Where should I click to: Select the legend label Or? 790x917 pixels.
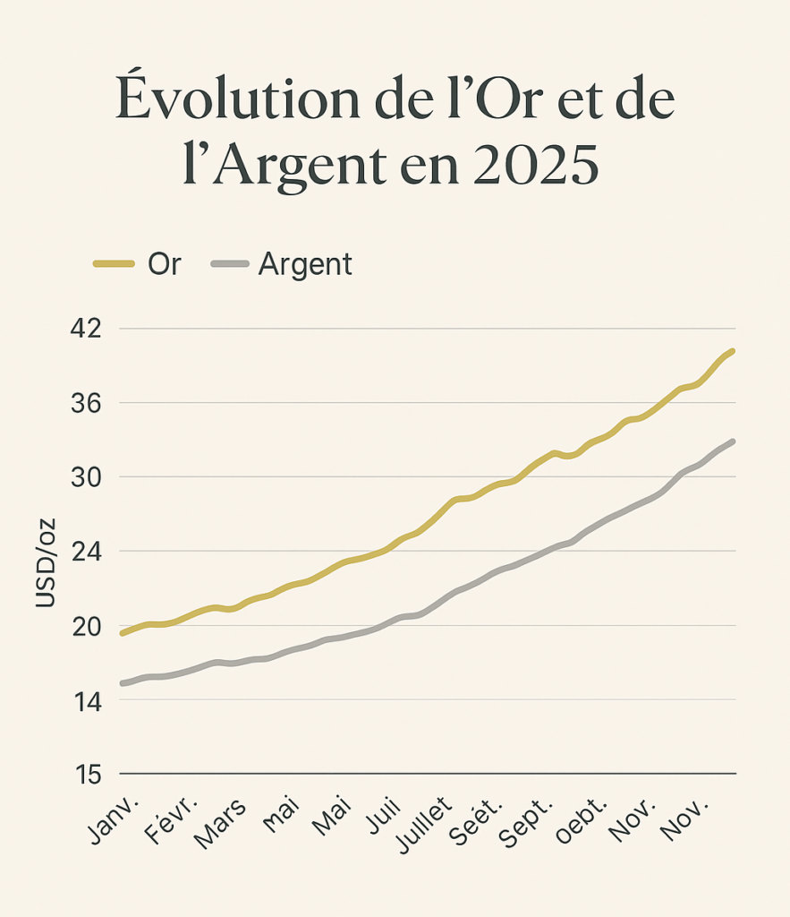click(164, 265)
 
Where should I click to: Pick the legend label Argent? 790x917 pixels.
click(305, 265)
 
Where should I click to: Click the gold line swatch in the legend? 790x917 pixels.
click(114, 265)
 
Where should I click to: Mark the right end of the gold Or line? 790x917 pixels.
click(732, 351)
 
